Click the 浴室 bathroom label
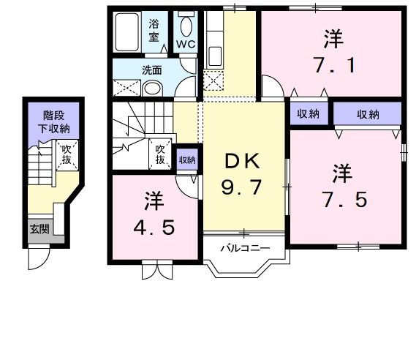click(155, 29)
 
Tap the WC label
click(186, 44)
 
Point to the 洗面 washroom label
click(151, 71)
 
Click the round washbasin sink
click(152, 89)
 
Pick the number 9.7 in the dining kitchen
click(241, 188)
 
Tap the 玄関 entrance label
click(39, 228)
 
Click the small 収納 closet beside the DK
click(187, 159)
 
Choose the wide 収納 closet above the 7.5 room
click(368, 113)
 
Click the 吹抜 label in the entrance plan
click(66, 156)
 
